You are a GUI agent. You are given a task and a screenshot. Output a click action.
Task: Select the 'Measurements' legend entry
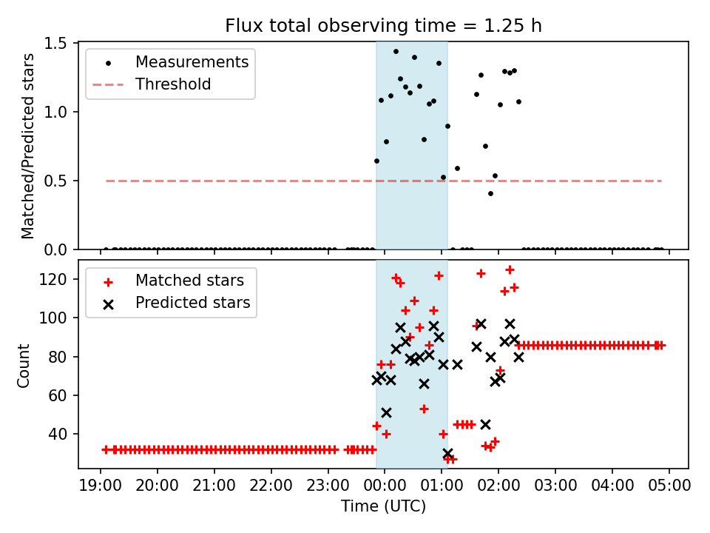(x=192, y=61)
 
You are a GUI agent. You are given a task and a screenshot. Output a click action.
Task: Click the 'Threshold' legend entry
(x=173, y=84)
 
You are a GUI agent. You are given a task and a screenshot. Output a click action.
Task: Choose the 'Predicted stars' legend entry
(x=192, y=303)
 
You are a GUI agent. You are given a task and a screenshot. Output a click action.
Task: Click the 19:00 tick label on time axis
(x=101, y=486)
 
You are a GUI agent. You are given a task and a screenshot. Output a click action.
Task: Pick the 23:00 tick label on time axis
(x=328, y=486)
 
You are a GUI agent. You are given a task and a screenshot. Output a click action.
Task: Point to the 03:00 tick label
(x=555, y=486)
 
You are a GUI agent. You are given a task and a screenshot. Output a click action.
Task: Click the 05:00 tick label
(x=669, y=486)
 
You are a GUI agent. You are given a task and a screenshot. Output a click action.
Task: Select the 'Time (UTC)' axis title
(x=383, y=506)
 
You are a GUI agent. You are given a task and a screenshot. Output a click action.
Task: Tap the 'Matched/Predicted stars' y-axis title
(x=28, y=146)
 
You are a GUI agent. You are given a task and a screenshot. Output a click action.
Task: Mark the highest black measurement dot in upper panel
(x=396, y=52)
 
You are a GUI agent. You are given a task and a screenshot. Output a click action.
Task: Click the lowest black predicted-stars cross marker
(x=447, y=453)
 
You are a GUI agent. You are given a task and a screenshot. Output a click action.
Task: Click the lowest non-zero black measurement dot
(x=490, y=193)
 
